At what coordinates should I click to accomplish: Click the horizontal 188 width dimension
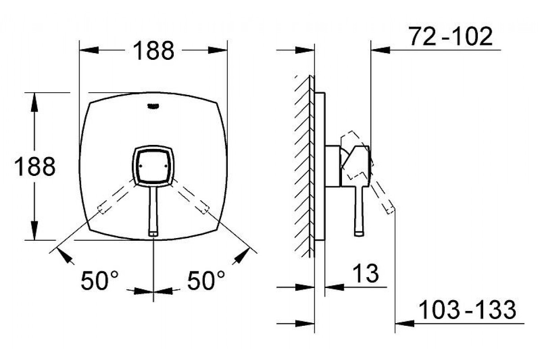(x=153, y=50)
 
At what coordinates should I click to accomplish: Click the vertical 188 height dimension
(x=35, y=166)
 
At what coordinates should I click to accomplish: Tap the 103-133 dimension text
(x=468, y=309)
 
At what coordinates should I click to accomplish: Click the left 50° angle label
(x=99, y=280)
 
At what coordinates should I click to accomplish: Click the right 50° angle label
(x=206, y=280)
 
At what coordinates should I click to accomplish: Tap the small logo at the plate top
(x=153, y=106)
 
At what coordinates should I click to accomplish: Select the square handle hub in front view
(x=153, y=166)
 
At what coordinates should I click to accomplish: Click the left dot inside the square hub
(x=140, y=166)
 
